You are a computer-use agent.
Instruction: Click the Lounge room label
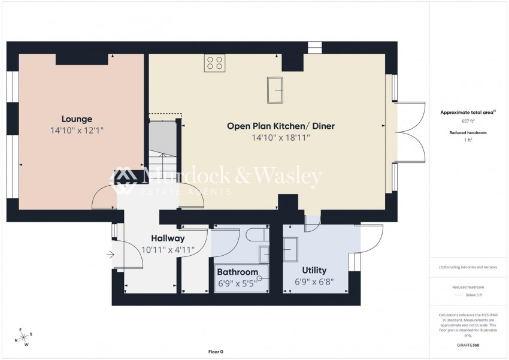(x=77, y=119)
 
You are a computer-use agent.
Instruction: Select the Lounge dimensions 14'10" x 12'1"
(x=78, y=130)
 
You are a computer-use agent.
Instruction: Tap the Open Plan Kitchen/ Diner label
(x=280, y=126)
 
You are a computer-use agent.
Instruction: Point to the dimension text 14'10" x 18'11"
(x=280, y=138)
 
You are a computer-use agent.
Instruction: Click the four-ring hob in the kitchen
(x=214, y=63)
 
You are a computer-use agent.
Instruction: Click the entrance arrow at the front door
(x=110, y=255)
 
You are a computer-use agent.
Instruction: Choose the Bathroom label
(x=237, y=272)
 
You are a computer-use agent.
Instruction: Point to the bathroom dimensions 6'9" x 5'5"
(x=237, y=282)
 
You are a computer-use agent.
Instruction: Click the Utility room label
(x=314, y=270)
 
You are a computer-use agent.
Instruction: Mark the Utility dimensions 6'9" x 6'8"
(x=314, y=282)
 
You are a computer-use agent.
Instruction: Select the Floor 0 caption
(x=215, y=352)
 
